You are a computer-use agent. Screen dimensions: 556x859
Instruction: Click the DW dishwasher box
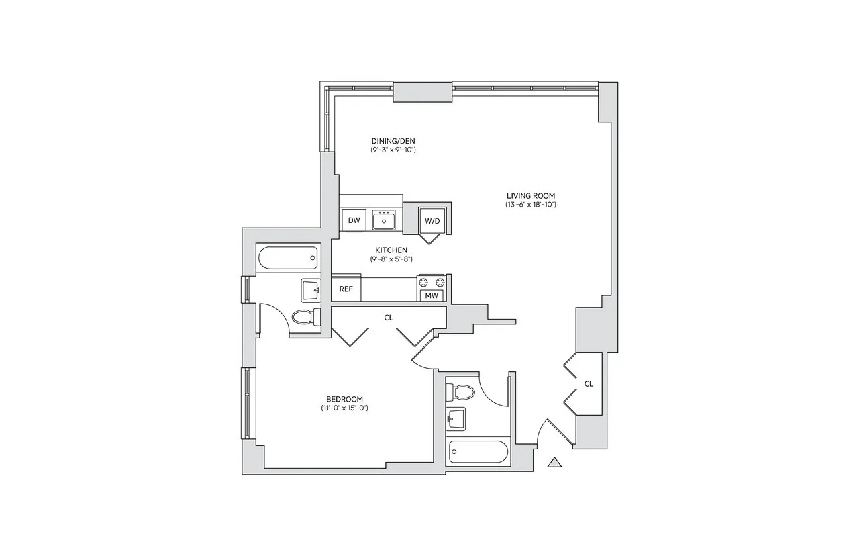click(354, 220)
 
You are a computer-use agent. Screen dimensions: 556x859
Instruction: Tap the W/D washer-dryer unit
click(432, 220)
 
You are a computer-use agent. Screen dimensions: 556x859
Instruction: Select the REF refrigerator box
click(346, 289)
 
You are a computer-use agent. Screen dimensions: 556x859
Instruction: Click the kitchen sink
click(385, 220)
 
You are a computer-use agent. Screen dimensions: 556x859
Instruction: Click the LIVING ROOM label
click(531, 196)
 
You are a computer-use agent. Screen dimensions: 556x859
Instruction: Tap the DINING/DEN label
click(393, 141)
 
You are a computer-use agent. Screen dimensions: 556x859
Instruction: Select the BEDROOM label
click(345, 399)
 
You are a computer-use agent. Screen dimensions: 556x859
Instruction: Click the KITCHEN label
click(391, 250)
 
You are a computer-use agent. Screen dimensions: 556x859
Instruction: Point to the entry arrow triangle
click(555, 462)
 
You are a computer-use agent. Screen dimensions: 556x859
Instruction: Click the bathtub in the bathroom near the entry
click(476, 453)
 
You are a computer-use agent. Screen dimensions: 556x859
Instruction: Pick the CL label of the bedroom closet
click(389, 318)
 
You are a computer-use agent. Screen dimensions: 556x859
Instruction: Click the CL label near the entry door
click(589, 384)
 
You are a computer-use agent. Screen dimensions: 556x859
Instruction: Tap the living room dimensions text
click(531, 205)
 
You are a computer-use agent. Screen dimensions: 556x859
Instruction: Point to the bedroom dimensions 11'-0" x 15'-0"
click(345, 408)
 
